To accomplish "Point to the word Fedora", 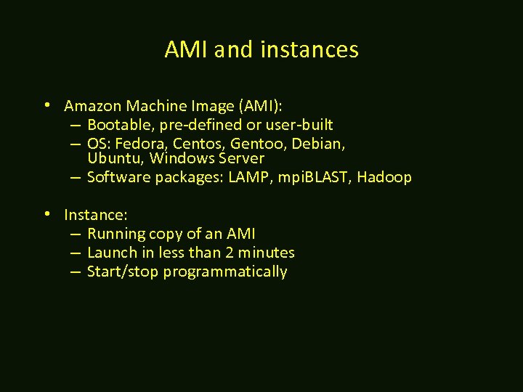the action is (143, 144).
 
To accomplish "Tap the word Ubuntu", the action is (114, 158).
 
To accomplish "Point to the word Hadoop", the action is (384, 177).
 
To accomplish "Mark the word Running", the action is (115, 234).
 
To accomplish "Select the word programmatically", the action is (225, 271).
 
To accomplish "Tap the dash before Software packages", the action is (76, 177).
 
